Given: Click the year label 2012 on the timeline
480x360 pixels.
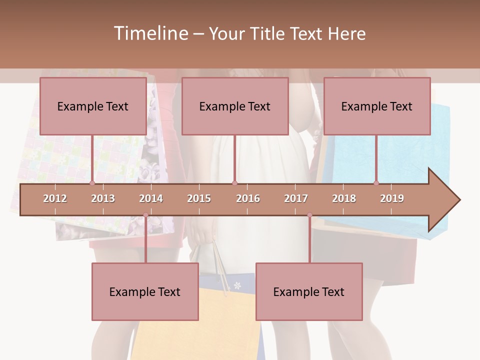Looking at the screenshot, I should [55, 198].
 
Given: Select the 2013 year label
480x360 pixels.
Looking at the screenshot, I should [103, 198].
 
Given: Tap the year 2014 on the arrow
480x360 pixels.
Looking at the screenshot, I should [151, 198].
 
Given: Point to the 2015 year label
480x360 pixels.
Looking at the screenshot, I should [199, 198].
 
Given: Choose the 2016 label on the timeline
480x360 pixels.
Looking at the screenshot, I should [248, 198].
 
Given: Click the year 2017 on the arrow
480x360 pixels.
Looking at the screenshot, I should [296, 198].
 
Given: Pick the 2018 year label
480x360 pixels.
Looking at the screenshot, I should [344, 198].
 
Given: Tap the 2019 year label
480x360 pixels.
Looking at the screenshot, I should [392, 198].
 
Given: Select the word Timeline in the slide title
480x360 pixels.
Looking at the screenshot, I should [149, 33].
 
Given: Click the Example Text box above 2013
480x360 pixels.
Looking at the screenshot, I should [93, 106].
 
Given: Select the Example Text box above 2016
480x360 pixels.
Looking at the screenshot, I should [235, 106].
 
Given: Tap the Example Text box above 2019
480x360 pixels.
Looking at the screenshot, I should [377, 106].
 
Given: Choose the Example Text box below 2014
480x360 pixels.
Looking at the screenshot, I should [145, 291].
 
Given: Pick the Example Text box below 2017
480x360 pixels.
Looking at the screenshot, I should [309, 291].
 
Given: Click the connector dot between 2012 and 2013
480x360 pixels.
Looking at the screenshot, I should [92, 183].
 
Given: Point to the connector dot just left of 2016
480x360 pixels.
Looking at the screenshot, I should [235, 183].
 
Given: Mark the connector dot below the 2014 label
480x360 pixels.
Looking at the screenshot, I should [145, 215].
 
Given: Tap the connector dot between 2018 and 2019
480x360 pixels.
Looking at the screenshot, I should [376, 183].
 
